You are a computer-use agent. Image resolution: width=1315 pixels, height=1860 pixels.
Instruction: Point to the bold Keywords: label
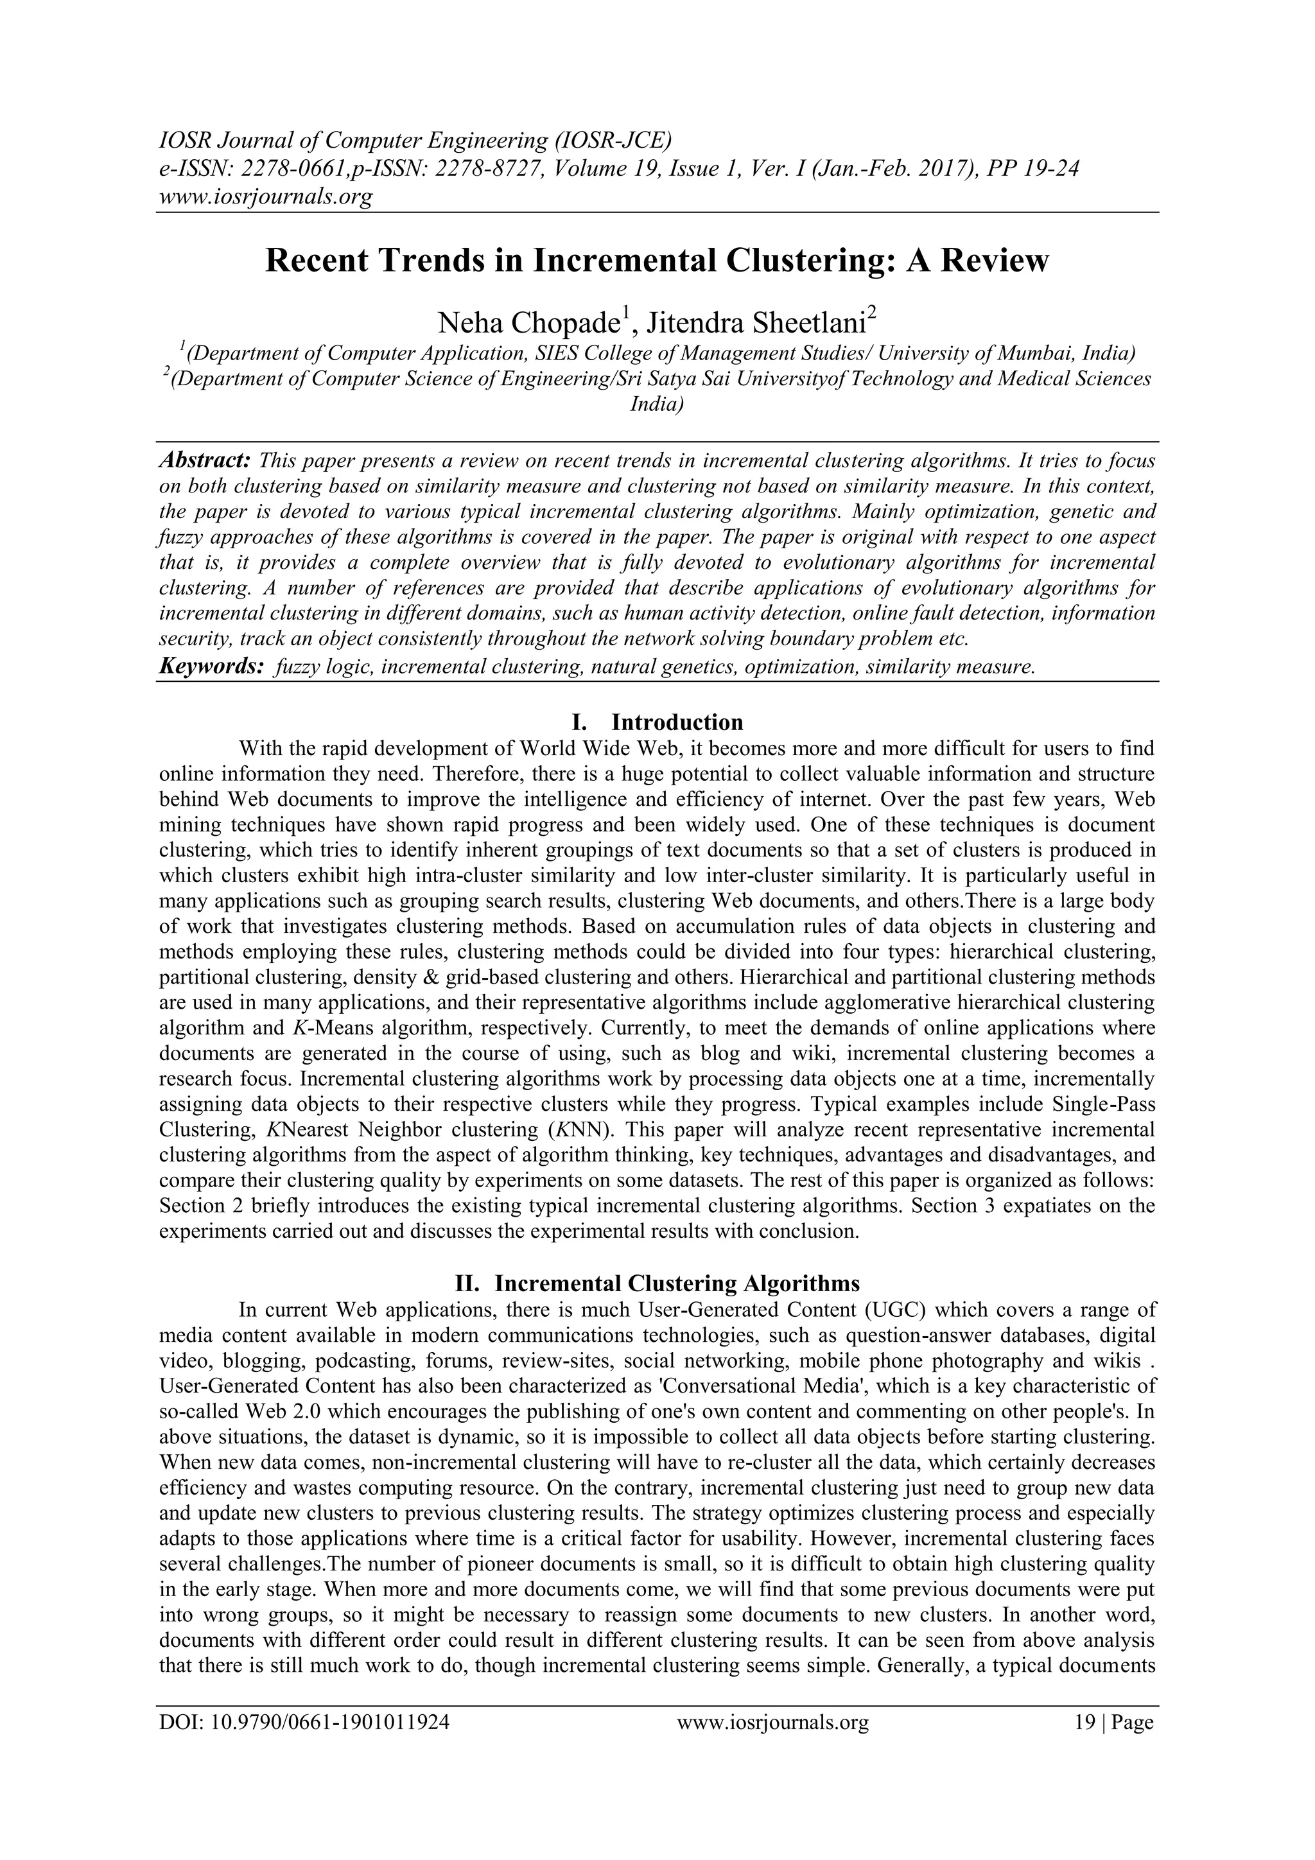pyautogui.click(x=211, y=666)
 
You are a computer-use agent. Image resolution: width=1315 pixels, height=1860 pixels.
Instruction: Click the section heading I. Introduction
pyautogui.click(x=657, y=722)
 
